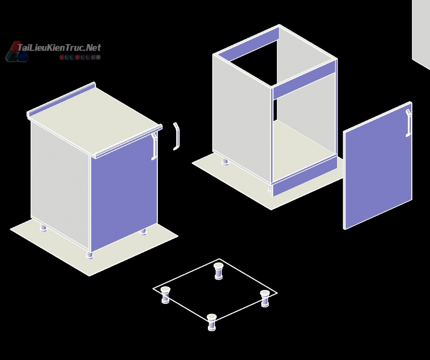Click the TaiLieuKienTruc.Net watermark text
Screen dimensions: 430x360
point(59,48)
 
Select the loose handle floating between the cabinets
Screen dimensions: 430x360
point(176,136)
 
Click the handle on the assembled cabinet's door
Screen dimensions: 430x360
point(154,146)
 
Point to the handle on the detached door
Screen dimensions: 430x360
point(408,123)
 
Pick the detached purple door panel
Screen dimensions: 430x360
point(377,165)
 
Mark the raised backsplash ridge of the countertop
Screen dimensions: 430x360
point(61,99)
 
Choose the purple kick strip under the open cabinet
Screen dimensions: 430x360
point(305,177)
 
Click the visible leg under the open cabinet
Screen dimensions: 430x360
point(225,162)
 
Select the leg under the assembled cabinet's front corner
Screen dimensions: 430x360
point(90,255)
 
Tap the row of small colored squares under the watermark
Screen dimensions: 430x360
point(80,57)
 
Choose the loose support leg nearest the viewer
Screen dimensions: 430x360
point(212,323)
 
